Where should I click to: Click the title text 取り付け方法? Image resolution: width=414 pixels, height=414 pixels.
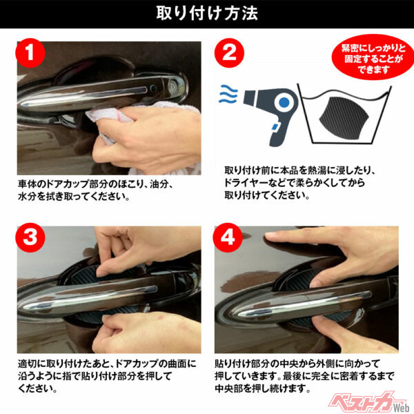pos(207,14)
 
